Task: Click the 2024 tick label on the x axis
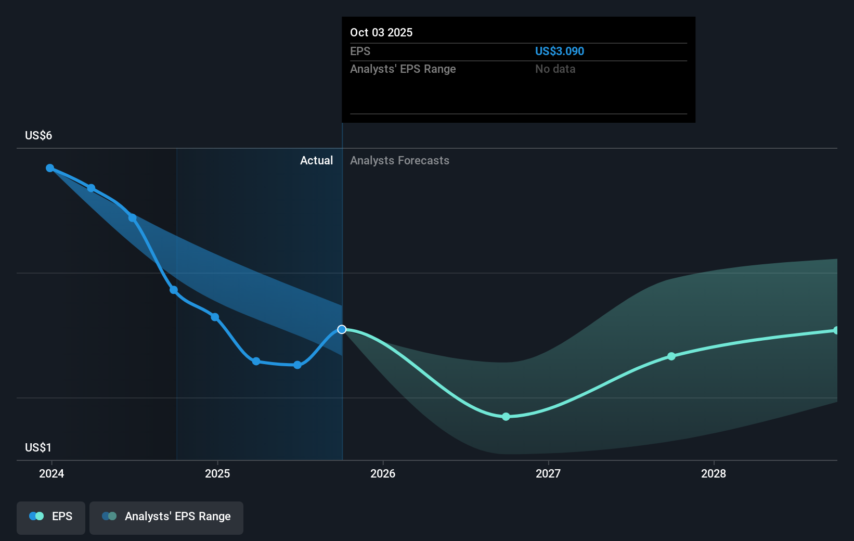coord(51,473)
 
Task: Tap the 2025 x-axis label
coord(217,473)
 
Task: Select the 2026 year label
coord(383,473)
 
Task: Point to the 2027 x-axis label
coord(548,473)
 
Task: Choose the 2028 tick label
coord(714,473)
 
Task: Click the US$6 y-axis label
coord(38,136)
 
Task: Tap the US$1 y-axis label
coord(38,448)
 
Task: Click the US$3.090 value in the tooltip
coord(560,51)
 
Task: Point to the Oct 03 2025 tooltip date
coord(381,33)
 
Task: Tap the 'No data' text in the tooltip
coord(555,69)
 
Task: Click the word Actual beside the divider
coord(316,161)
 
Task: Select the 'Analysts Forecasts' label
coord(399,161)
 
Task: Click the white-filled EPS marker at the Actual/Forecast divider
coord(342,329)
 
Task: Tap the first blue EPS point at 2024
coord(50,168)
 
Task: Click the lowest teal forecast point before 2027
coord(506,417)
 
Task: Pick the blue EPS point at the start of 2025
coord(215,317)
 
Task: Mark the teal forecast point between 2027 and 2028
coord(671,356)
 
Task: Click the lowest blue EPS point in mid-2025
coord(297,365)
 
